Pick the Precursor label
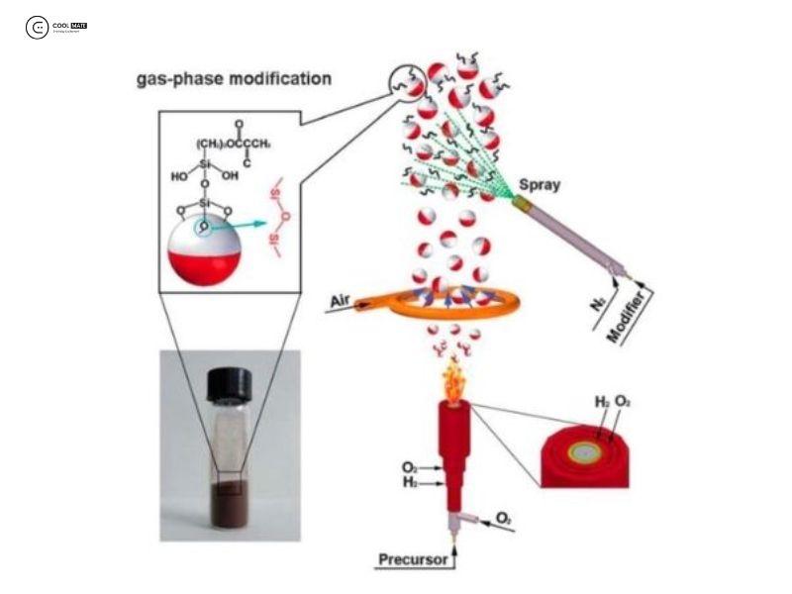pyautogui.click(x=415, y=561)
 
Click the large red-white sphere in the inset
pyautogui.click(x=204, y=252)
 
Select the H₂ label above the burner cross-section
pyautogui.click(x=603, y=401)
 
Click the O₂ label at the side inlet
pyautogui.click(x=503, y=518)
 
